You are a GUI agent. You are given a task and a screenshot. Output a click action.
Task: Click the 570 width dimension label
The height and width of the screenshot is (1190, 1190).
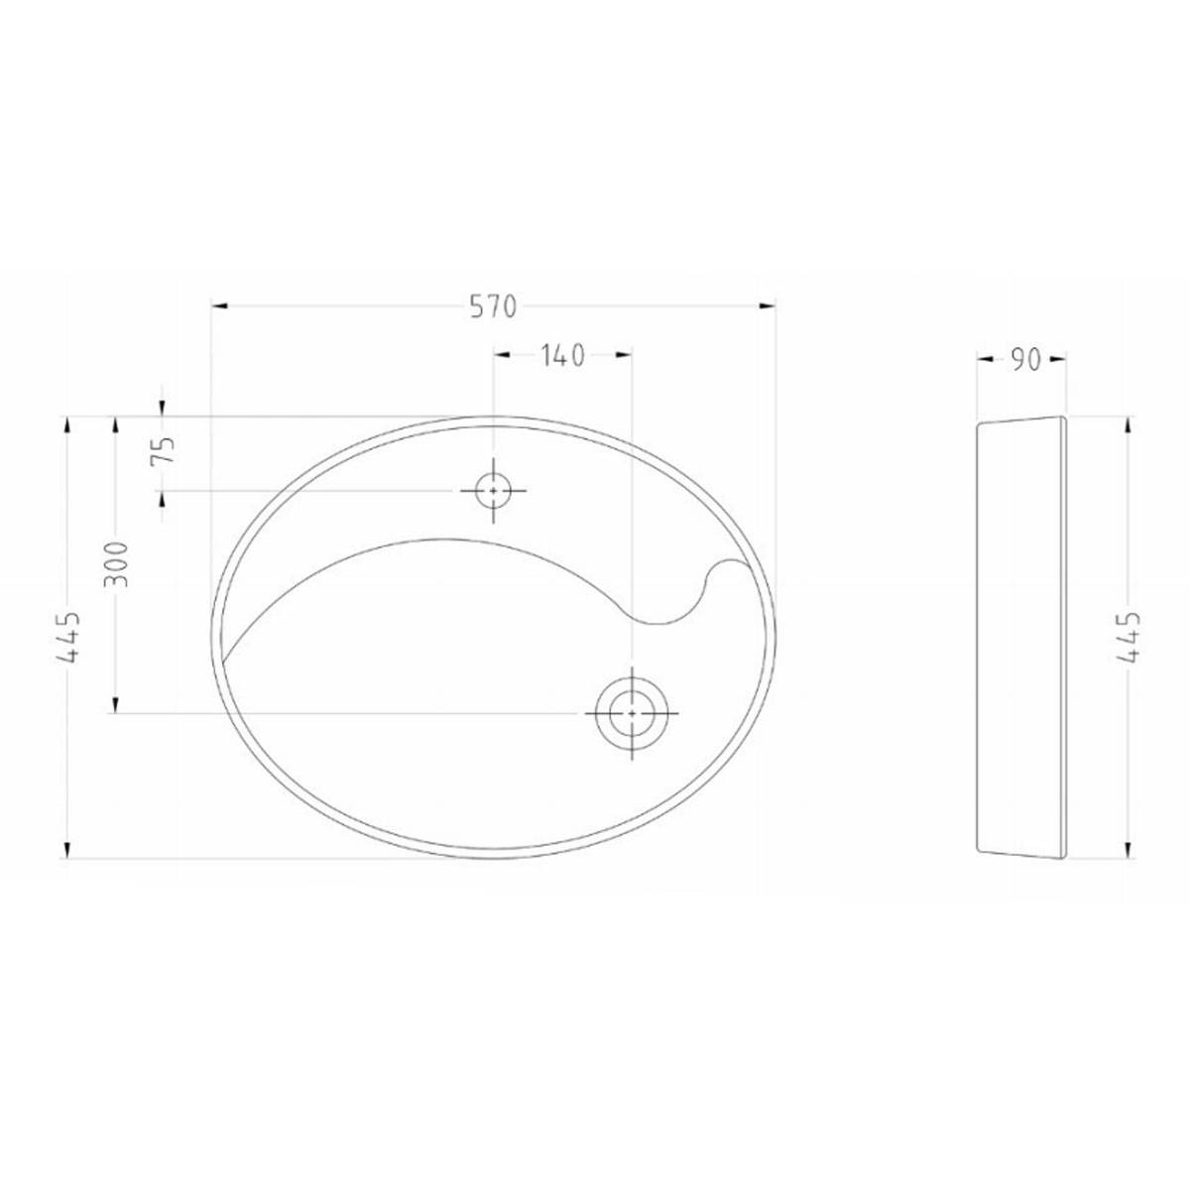click(493, 307)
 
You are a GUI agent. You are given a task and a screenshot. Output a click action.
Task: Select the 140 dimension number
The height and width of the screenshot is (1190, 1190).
click(562, 356)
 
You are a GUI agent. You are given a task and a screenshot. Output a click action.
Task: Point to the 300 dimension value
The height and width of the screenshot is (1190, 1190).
click(117, 563)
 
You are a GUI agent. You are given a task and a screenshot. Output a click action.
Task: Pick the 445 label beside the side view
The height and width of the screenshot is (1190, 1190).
click(1130, 636)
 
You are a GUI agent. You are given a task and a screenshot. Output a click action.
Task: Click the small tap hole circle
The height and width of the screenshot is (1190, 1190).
click(493, 490)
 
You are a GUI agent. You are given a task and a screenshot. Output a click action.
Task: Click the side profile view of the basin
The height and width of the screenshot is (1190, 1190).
click(1021, 635)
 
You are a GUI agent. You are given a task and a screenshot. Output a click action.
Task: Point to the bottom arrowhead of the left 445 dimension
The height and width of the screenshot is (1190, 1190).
click(67, 849)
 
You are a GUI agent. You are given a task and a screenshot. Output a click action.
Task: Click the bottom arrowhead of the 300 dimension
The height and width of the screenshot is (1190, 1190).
click(116, 704)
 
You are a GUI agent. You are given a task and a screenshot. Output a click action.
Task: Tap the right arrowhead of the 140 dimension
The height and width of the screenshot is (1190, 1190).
click(624, 354)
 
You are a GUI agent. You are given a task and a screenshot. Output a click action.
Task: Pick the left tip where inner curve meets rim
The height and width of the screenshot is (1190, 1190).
click(223, 658)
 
